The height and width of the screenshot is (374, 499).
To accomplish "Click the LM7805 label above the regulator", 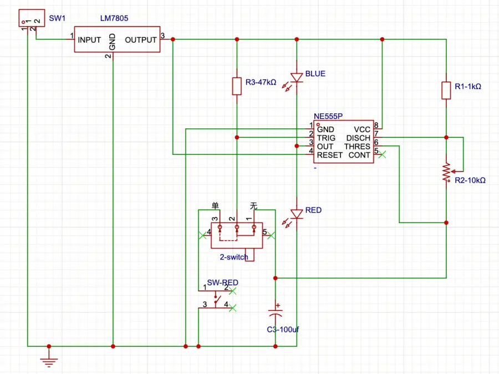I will [x=114, y=18].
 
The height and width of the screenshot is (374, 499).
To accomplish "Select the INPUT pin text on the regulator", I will [x=89, y=40].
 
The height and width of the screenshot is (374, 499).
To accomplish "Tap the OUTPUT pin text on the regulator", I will [x=141, y=40].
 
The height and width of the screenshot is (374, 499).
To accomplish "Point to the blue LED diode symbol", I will [x=297, y=77].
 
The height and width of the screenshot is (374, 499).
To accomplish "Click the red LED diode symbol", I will [x=297, y=214].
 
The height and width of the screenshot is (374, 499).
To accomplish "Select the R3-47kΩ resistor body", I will [x=237, y=86].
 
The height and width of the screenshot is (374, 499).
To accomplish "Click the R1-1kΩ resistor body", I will [x=446, y=90].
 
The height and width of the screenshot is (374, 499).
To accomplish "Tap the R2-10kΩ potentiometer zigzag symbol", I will [x=446, y=173].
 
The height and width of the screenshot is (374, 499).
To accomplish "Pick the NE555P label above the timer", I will [x=328, y=117].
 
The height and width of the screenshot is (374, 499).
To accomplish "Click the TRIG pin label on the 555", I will [x=326, y=138].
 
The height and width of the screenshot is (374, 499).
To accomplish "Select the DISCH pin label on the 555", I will [x=358, y=138].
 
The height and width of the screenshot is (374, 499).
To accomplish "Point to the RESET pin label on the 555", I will [x=330, y=155].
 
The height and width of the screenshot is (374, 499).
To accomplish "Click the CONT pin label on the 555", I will [x=359, y=155].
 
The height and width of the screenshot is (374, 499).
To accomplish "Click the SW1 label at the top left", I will [x=57, y=18].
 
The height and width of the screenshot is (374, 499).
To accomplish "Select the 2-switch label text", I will [x=234, y=257].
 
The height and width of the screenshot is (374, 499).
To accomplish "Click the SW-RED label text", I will [x=223, y=283].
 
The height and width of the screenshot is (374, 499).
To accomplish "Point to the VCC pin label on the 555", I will [x=362, y=129].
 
